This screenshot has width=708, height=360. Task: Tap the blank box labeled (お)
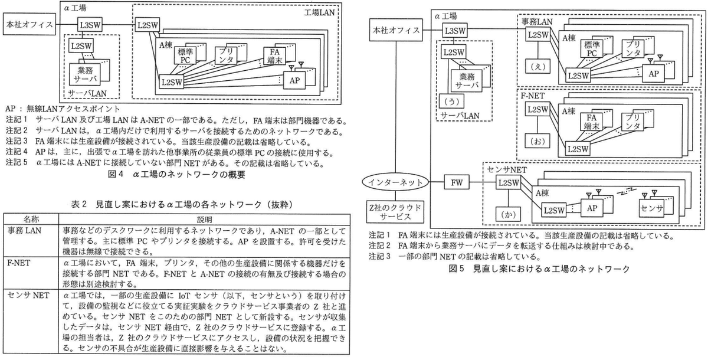coord(537,141)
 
